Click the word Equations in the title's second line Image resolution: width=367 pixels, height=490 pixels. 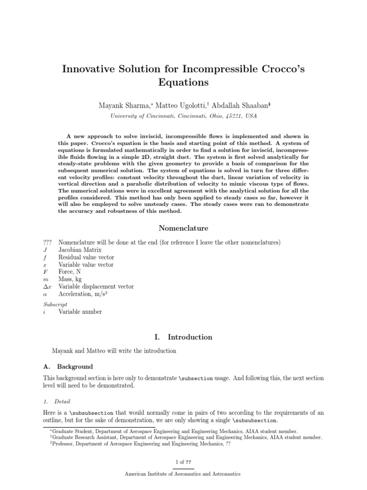tap(183, 82)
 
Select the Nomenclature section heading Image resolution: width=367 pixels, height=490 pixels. tap(183, 229)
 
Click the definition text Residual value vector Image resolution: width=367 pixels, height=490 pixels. tap(86, 257)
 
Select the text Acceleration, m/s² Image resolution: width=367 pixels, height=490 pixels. tap(82, 294)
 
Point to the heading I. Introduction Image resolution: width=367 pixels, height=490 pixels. tap(183, 337)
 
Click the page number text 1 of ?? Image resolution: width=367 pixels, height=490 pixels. tap(183, 462)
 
